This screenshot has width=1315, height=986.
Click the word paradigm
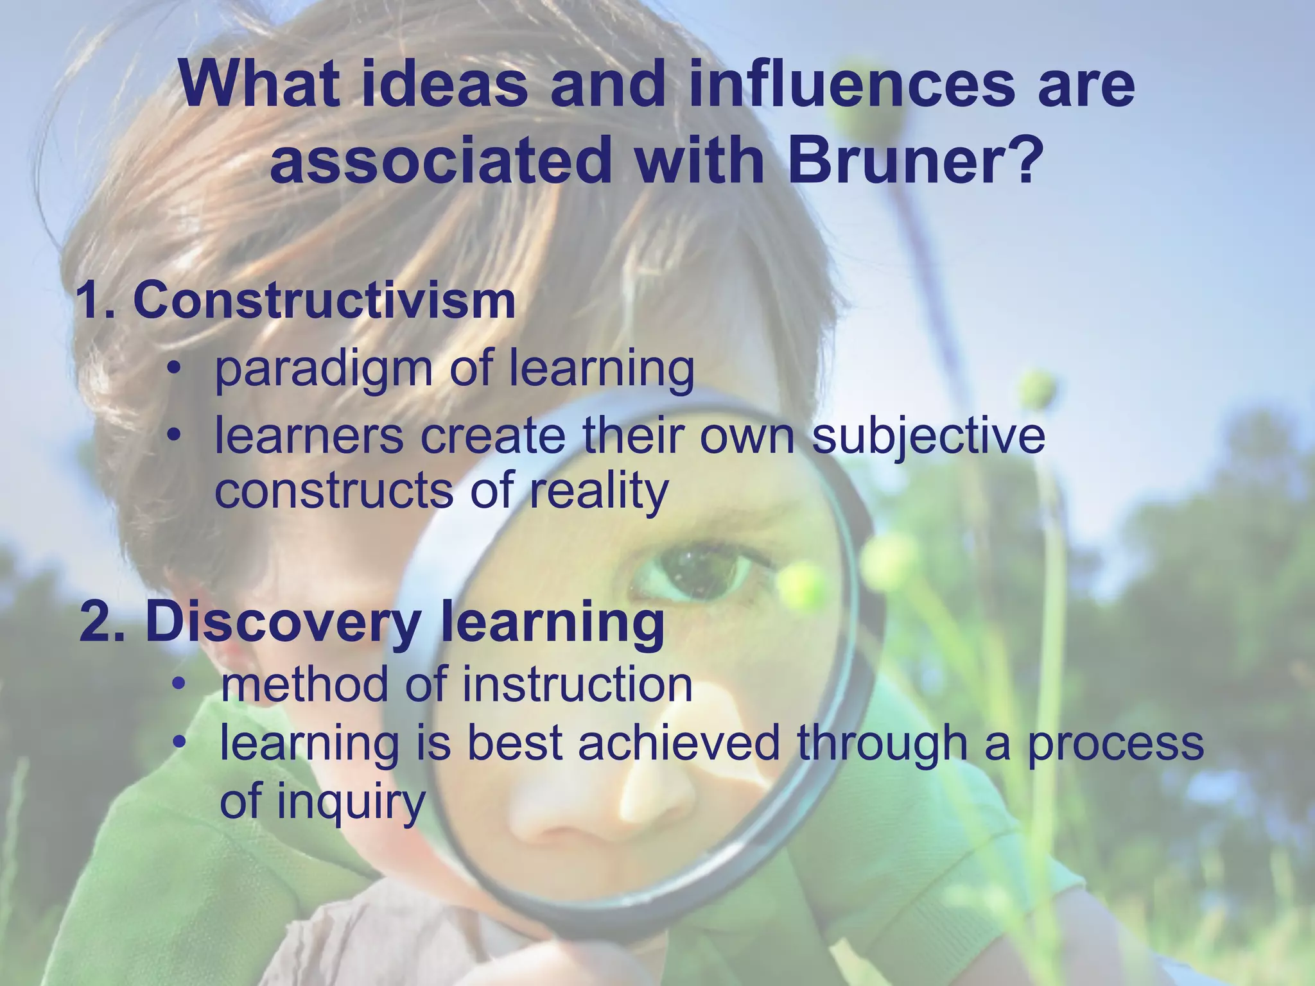click(x=324, y=370)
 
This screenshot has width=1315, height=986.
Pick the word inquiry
click(x=351, y=802)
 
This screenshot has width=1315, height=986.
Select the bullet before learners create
click(x=172, y=437)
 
